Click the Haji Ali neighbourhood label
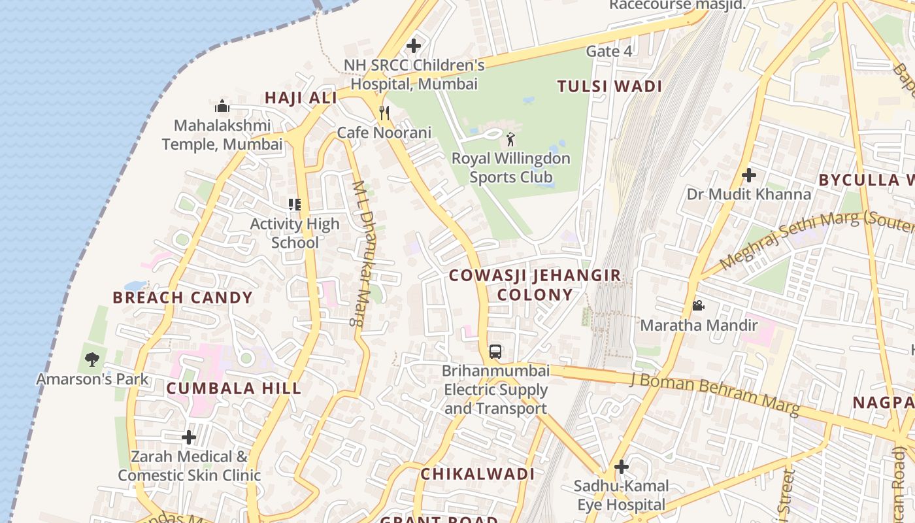click(x=301, y=98)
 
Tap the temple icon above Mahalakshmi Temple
click(x=222, y=106)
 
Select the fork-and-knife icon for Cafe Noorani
click(x=384, y=113)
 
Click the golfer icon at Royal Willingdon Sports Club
click(x=510, y=139)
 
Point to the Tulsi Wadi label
click(x=610, y=86)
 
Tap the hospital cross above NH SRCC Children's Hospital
click(x=413, y=46)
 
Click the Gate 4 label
click(x=609, y=51)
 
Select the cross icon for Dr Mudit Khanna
click(x=749, y=175)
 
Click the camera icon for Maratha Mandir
click(x=698, y=305)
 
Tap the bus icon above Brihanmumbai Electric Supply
click(x=495, y=352)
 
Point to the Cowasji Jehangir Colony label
click(x=535, y=285)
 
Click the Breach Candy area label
click(x=182, y=297)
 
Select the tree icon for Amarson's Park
click(x=92, y=360)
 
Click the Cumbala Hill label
click(x=234, y=388)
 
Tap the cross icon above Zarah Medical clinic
click(x=189, y=437)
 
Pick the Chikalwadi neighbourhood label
click(x=477, y=474)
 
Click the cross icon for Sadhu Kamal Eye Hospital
click(x=621, y=467)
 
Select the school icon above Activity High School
click(x=295, y=205)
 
